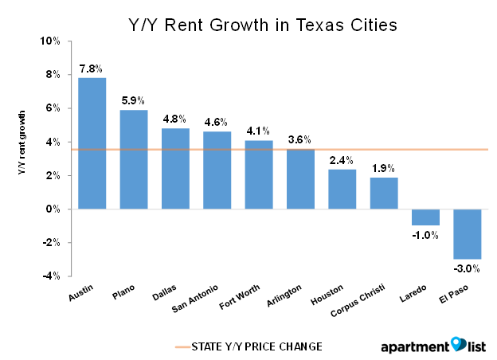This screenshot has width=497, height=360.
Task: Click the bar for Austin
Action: pos(92,143)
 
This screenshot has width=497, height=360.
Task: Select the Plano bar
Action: pos(134,159)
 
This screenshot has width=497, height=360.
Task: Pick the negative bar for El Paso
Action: pos(467,233)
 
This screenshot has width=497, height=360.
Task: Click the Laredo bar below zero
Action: pos(425,217)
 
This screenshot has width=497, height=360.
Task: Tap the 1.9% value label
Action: pos(383,168)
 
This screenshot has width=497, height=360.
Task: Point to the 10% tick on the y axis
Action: pos(50,41)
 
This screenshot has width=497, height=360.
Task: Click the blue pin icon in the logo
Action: pos(458,344)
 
